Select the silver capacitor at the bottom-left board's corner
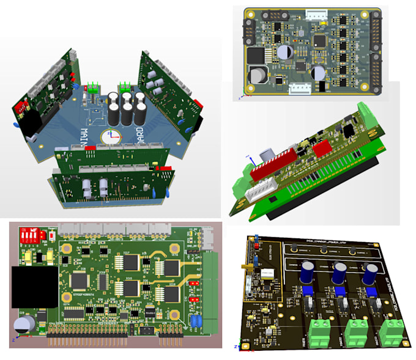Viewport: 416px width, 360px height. [26, 323]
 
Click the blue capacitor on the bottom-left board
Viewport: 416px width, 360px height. [196, 321]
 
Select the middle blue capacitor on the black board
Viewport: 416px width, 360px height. [338, 273]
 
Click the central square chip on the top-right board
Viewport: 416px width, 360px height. [319, 40]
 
